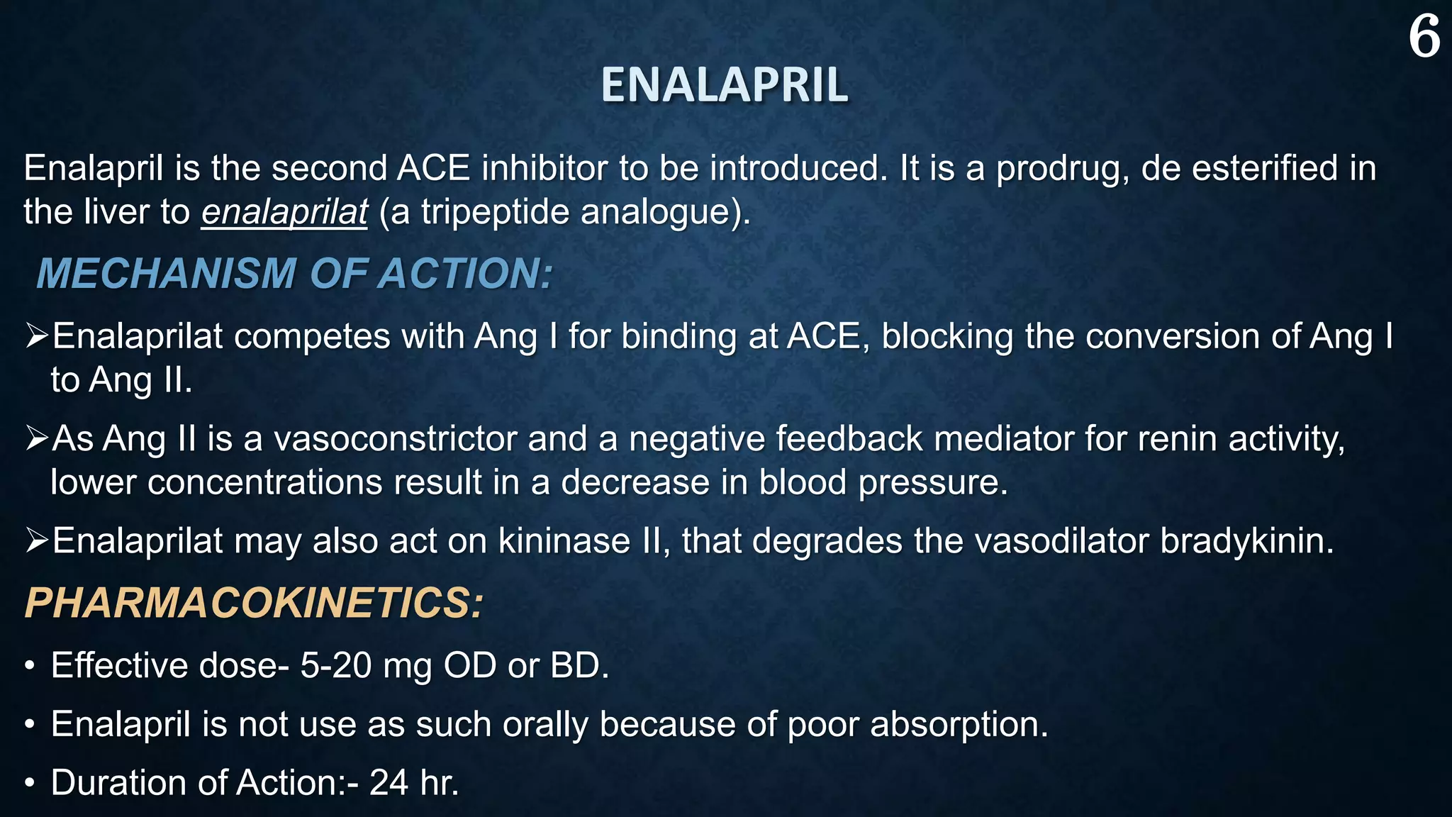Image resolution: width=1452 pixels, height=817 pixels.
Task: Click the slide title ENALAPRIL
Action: point(724,85)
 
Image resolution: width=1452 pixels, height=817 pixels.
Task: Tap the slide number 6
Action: point(1424,37)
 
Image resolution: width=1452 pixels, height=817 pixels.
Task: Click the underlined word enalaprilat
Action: point(284,212)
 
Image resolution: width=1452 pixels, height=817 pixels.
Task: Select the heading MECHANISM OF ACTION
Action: point(294,274)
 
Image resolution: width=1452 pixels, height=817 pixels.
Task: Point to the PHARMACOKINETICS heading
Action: point(254,604)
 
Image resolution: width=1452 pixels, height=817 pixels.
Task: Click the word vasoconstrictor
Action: point(395,439)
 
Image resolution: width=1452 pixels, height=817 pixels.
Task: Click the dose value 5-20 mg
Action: point(365,666)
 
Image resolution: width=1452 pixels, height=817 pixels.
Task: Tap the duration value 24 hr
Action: point(414,783)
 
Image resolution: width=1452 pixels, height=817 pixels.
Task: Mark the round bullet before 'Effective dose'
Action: point(29,667)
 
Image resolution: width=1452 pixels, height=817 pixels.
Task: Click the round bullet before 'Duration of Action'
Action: point(29,784)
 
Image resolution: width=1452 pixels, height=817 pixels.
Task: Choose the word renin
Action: point(1178,439)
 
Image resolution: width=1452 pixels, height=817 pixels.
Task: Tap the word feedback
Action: point(849,439)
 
